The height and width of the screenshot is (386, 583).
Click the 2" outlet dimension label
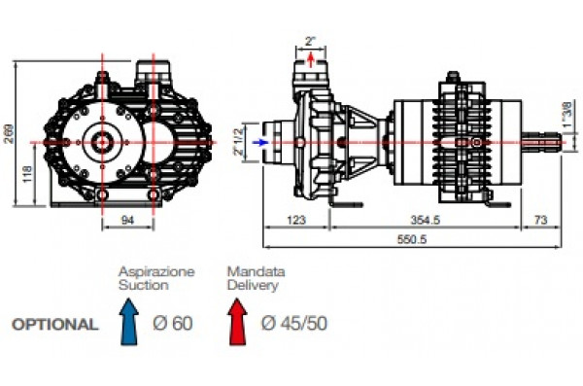(x=310, y=42)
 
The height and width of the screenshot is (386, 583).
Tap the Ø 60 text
(x=173, y=324)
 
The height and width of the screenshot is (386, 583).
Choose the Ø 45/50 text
(x=293, y=324)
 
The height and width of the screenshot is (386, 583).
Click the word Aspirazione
(x=155, y=271)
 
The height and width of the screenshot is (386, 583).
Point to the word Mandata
(x=248, y=271)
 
